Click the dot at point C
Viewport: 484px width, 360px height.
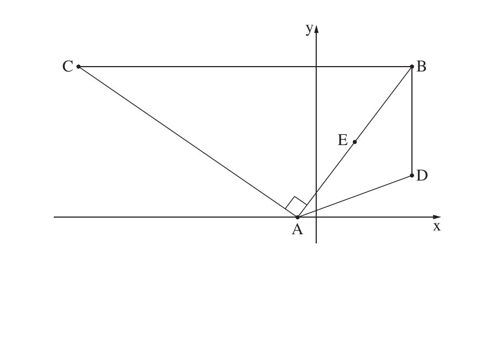pyautogui.click(x=79, y=66)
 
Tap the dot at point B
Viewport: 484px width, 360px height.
pyautogui.click(x=412, y=66)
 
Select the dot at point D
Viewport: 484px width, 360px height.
pyautogui.click(x=412, y=175)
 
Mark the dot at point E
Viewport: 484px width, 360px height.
pyautogui.click(x=355, y=142)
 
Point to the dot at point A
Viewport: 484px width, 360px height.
pyautogui.click(x=297, y=217)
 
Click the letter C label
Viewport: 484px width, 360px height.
pyautogui.click(x=68, y=66)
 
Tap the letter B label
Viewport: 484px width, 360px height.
pyautogui.click(x=421, y=66)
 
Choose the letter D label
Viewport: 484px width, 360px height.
pyautogui.click(x=422, y=176)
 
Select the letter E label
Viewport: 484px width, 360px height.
pyautogui.click(x=343, y=140)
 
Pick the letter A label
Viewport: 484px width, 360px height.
pyautogui.click(x=297, y=229)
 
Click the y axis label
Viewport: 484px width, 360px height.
pyautogui.click(x=309, y=28)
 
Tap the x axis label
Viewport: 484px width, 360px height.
pyautogui.click(x=437, y=226)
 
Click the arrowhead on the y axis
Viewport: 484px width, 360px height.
pyautogui.click(x=316, y=28)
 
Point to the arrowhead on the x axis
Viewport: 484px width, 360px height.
pyautogui.click(x=437, y=217)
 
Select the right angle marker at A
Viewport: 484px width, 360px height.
pyautogui.click(x=295, y=203)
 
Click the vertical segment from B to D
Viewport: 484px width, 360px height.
pyautogui.click(x=412, y=121)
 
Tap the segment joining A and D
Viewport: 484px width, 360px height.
pyautogui.click(x=355, y=196)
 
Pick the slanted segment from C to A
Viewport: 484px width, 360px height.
pyautogui.click(x=188, y=142)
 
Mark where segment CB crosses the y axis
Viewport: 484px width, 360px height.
pyautogui.click(x=316, y=66)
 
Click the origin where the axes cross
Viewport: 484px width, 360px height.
pyautogui.click(x=316, y=217)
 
